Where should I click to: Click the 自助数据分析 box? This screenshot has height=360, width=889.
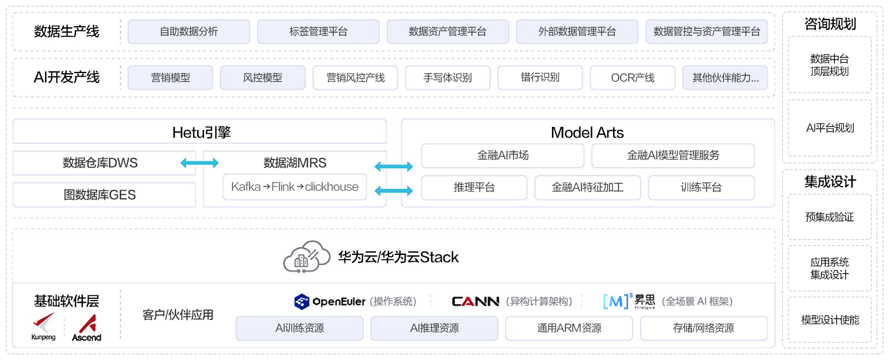189,31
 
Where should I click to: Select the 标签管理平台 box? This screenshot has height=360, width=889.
318,31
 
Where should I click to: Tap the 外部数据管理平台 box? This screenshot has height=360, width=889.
577,31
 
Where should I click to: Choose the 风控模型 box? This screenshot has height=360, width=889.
262,78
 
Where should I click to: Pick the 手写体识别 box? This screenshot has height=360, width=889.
447,78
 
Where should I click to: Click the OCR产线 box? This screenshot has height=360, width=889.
632,78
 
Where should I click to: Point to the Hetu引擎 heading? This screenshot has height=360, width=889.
201,133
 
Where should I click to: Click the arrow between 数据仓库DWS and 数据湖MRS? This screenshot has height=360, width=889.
199,163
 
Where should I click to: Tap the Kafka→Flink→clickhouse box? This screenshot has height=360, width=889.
295,187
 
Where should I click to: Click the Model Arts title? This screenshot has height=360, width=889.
587,133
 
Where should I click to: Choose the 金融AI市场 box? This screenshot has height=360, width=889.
503,155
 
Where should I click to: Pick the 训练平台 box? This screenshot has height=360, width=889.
701,187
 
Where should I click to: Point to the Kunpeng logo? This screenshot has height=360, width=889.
43,326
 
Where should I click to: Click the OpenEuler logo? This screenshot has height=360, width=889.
329,301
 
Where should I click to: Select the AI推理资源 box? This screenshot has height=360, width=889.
434,328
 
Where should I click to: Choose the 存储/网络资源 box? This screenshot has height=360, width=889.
703,328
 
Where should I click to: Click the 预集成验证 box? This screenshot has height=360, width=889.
830,217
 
